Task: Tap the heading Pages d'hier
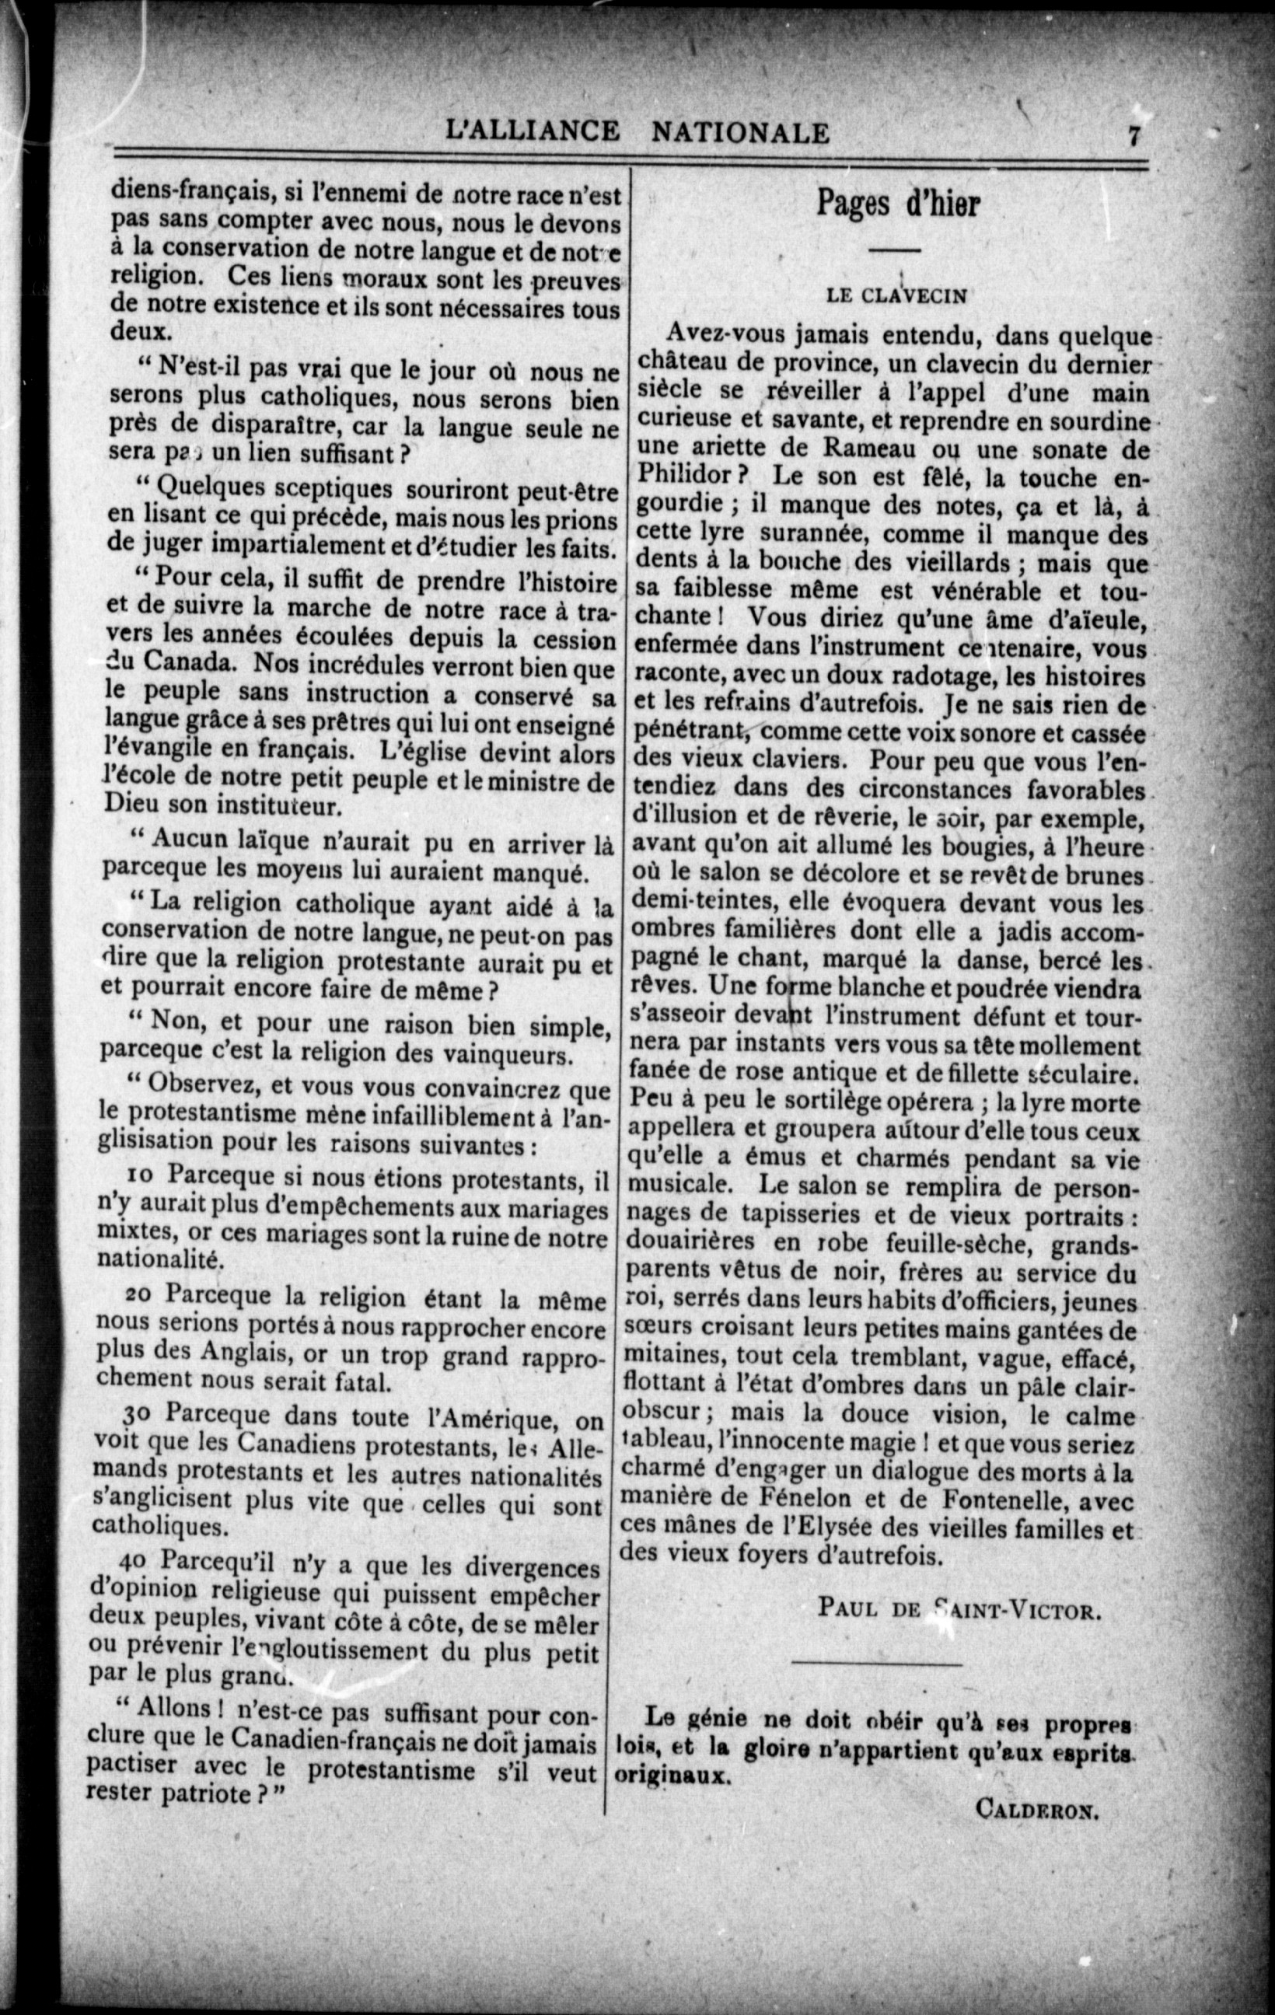897,206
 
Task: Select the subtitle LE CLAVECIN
897,295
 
